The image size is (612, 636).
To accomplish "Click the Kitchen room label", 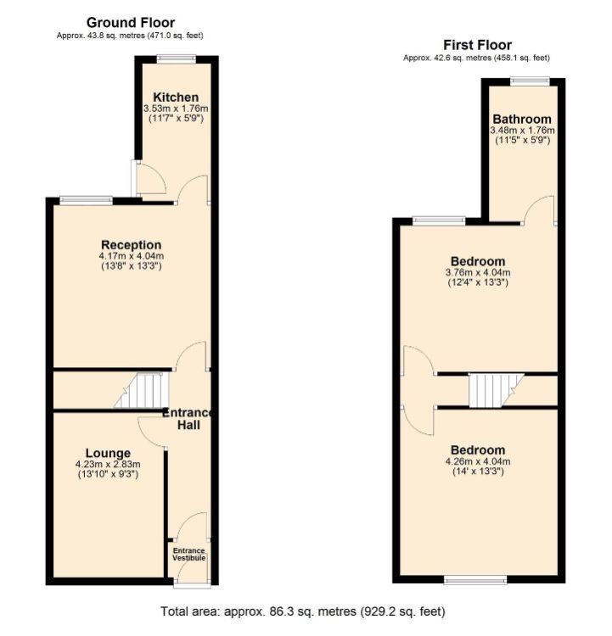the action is click(x=176, y=98).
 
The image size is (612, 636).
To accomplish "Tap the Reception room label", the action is click(x=132, y=245).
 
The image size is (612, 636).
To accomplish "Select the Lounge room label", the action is click(x=108, y=453).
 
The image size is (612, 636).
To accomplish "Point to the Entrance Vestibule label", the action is click(x=188, y=554).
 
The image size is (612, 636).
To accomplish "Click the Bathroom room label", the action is click(x=522, y=120).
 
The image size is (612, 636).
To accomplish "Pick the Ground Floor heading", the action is click(x=131, y=22).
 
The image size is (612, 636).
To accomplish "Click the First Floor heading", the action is click(x=477, y=45).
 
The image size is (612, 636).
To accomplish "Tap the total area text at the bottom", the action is click(x=303, y=611).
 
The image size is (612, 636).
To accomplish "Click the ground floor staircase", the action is click(x=141, y=390).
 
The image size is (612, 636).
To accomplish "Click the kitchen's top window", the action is click(x=177, y=59).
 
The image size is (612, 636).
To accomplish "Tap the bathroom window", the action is click(x=531, y=81).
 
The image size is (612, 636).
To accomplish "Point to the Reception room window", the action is click(x=86, y=200).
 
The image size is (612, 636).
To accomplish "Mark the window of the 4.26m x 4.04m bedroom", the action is click(x=475, y=580).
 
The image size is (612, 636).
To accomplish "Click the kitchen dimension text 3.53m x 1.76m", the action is click(x=176, y=109).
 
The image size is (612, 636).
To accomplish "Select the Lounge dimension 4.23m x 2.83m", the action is click(x=108, y=465).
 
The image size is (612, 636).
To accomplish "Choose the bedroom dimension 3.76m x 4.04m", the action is click(x=478, y=272).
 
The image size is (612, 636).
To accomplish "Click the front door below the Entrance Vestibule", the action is click(x=192, y=584).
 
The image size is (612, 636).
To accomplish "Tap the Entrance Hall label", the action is click(x=188, y=419).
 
